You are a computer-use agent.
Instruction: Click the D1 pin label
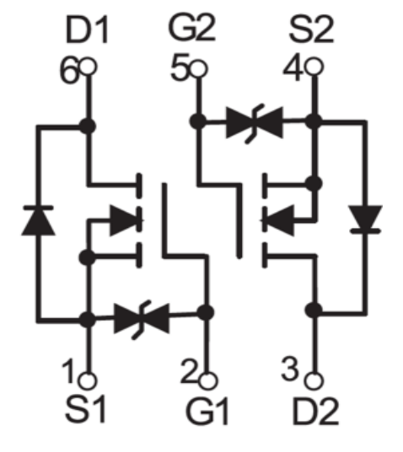(87, 30)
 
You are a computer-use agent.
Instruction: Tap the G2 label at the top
(192, 29)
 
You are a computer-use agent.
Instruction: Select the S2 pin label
(311, 30)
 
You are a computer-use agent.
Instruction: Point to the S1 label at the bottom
(86, 409)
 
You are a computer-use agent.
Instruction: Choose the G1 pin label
(207, 411)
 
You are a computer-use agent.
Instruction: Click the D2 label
(315, 411)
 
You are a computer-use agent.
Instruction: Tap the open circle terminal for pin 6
(89, 66)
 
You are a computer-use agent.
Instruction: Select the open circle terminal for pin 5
(199, 69)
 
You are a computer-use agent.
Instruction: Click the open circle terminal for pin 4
(314, 66)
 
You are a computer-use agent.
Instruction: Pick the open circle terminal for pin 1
(88, 380)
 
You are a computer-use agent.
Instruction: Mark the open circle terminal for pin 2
(208, 380)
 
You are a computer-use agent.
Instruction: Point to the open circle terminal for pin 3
(314, 380)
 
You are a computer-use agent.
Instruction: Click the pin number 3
(289, 369)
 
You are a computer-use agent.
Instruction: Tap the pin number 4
(293, 67)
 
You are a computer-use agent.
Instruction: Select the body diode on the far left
(39, 221)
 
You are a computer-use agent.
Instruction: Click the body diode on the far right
(365, 220)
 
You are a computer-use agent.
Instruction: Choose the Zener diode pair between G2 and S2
(255, 124)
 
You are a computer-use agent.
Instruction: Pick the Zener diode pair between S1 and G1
(142, 319)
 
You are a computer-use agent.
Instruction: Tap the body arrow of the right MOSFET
(277, 221)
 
